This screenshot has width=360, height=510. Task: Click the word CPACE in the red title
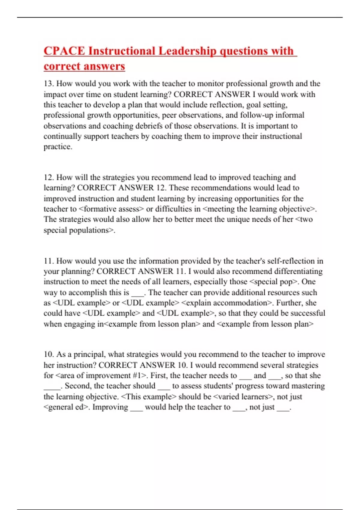click(x=64, y=51)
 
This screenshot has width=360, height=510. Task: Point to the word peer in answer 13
click(x=169, y=115)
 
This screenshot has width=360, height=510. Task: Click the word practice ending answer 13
click(x=57, y=147)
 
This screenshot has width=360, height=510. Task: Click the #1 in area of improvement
click(x=137, y=376)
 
